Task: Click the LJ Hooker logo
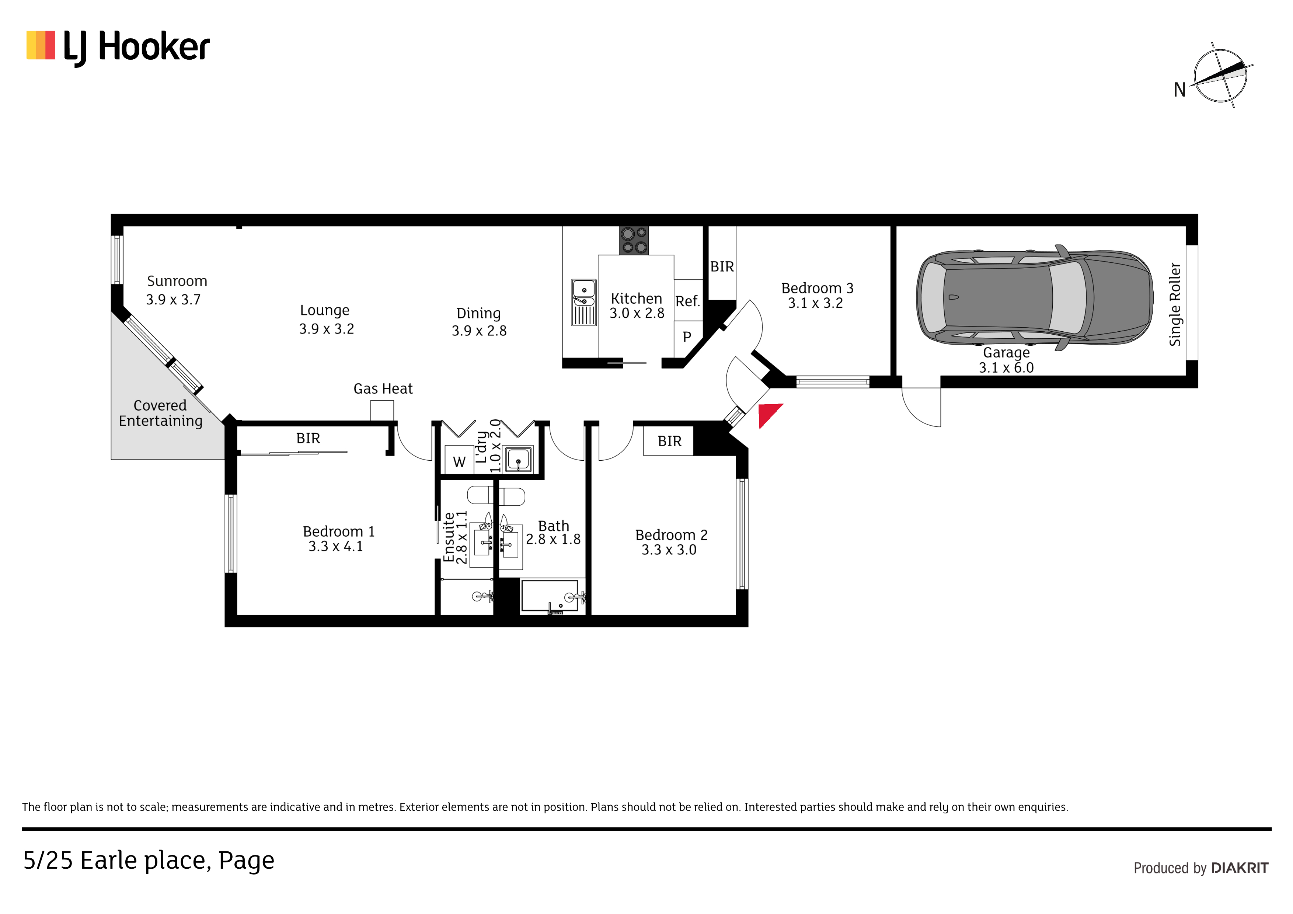[118, 48]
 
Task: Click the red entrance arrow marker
[769, 415]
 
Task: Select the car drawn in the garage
[1035, 298]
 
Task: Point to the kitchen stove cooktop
[634, 240]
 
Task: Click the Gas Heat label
[383, 388]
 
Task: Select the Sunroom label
[177, 281]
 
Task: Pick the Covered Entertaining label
[160, 414]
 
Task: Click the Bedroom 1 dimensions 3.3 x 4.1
[336, 546]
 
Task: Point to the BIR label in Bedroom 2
[670, 441]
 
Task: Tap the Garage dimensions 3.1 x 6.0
[1006, 368]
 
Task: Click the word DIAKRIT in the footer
[1240, 868]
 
